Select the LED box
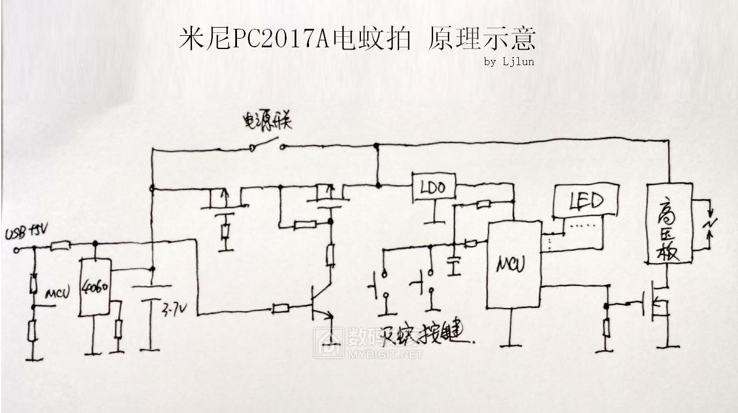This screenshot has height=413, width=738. (586, 200)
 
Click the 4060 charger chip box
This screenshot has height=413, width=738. (95, 287)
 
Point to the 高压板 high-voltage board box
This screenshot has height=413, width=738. (669, 223)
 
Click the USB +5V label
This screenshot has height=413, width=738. (27, 235)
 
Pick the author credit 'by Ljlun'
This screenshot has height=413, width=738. (509, 62)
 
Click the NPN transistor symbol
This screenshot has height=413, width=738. (321, 305)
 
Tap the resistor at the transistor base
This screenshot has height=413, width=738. (281, 309)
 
